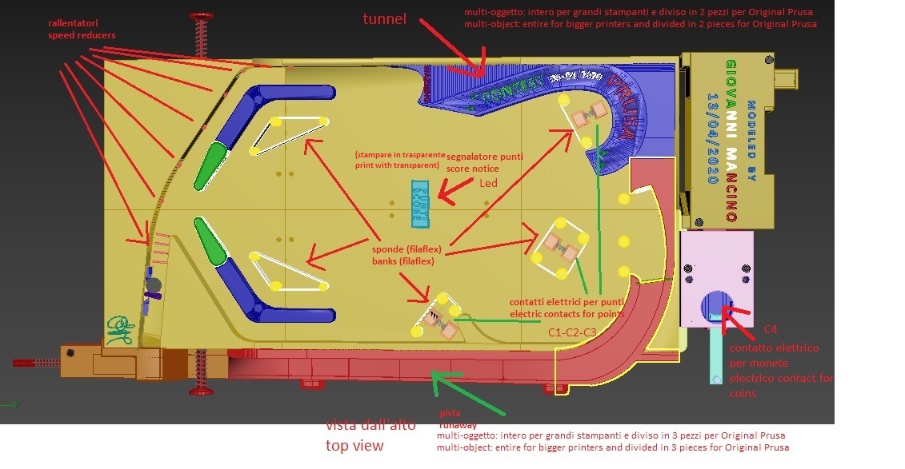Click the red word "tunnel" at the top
point(384,18)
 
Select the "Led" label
point(488,183)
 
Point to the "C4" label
point(770,329)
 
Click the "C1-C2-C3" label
point(572,331)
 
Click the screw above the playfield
point(198,36)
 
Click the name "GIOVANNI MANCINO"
point(731,140)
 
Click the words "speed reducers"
point(82,36)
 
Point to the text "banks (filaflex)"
point(403,260)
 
